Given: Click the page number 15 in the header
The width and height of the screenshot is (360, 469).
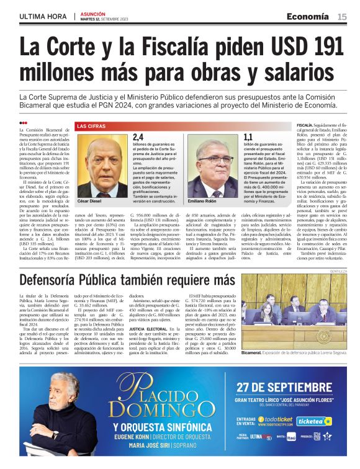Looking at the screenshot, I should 342,16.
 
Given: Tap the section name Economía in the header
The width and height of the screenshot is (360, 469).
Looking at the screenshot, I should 308,16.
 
